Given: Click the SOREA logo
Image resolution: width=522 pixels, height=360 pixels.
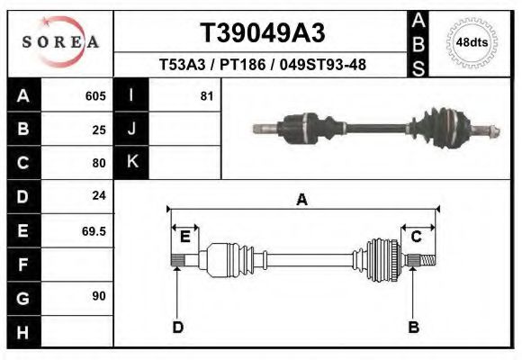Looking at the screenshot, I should click(60, 42).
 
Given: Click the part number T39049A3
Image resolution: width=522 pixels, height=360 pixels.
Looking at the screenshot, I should click(262, 33).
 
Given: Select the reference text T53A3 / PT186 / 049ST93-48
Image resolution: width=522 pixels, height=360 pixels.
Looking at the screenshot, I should click(262, 65).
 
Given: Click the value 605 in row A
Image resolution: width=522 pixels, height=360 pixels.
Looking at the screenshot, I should click(95, 95).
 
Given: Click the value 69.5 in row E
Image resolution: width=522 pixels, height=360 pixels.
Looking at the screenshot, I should click(94, 230).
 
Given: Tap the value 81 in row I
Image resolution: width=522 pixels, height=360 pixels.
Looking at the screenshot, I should click(206, 95).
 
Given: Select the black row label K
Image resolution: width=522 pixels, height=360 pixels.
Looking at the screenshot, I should click(132, 162).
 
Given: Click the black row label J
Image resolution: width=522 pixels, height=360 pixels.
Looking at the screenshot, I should click(132, 129).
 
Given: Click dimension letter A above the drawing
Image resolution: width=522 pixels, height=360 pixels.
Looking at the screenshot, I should click(301, 201).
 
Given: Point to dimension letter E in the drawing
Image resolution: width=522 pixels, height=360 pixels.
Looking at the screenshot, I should click(184, 237).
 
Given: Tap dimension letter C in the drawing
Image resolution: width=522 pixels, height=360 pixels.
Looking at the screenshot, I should click(417, 237).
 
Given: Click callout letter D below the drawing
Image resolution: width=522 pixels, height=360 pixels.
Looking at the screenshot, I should click(177, 327).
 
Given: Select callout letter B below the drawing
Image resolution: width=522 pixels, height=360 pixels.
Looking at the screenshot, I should click(414, 327).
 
